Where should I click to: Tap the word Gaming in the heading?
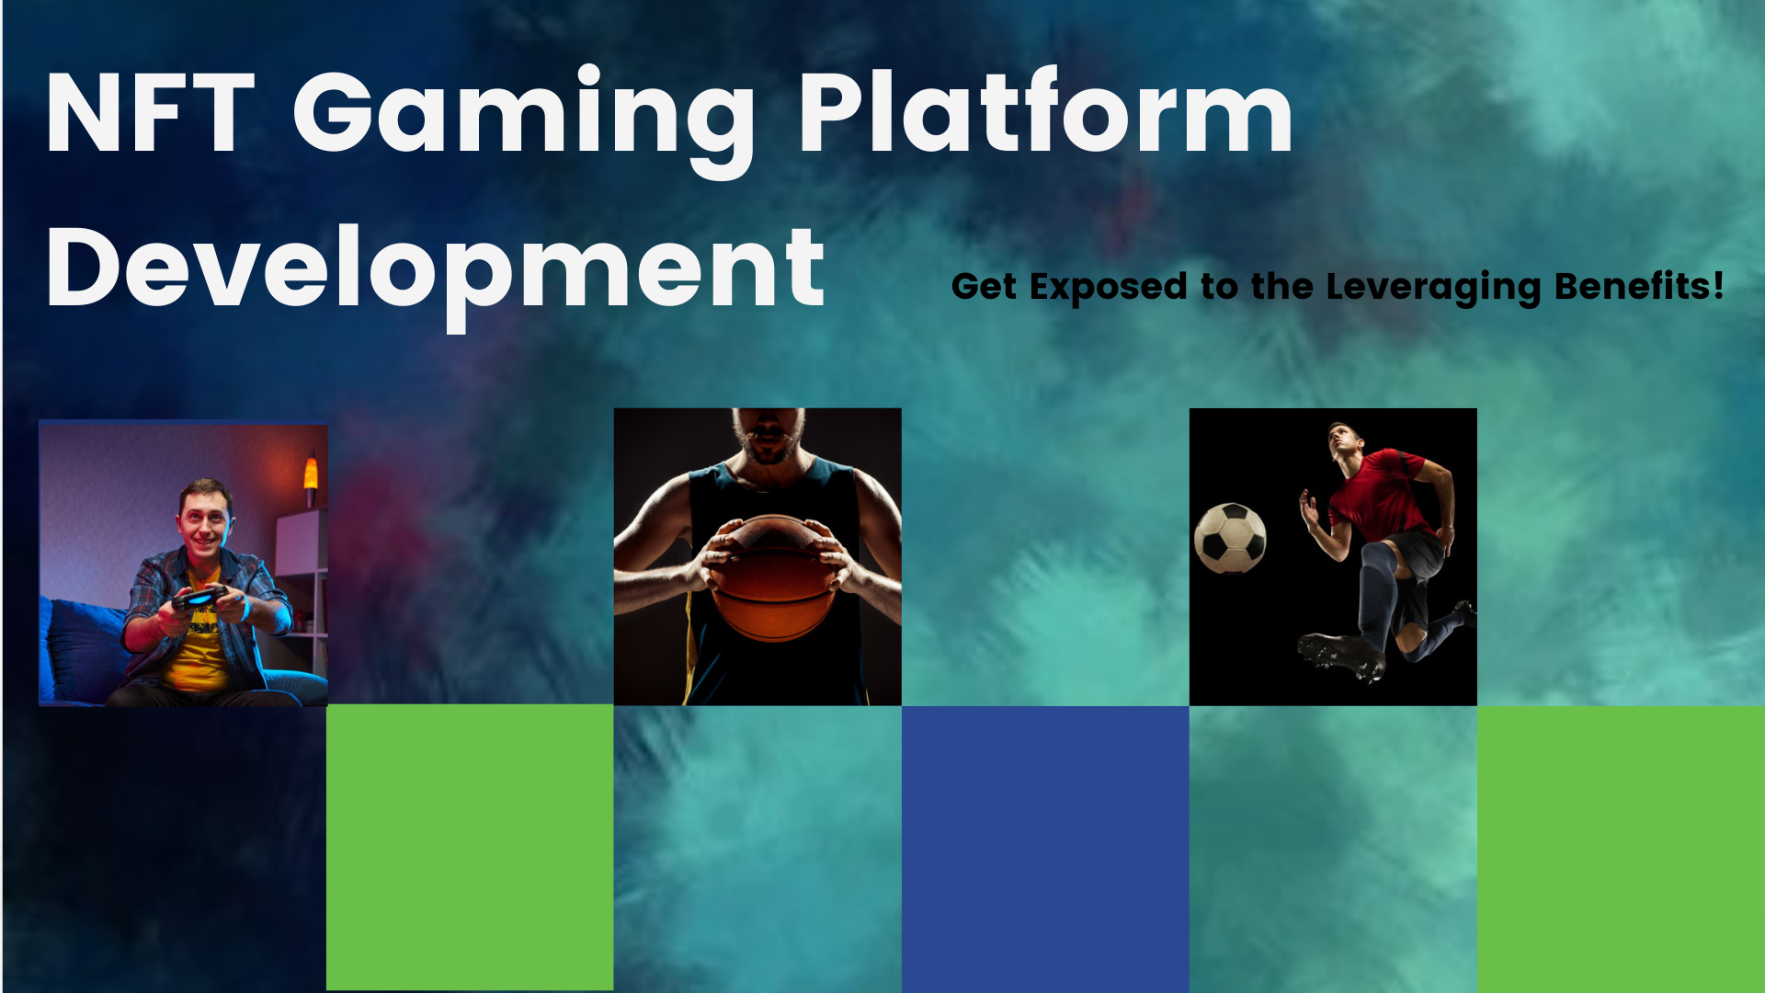[x=523, y=120]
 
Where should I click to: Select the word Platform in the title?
[x=1046, y=111]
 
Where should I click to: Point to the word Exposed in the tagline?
[x=1109, y=288]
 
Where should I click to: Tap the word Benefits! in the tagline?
[x=1638, y=285]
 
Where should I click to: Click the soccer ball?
[x=1230, y=537]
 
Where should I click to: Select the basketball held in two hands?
[x=772, y=576]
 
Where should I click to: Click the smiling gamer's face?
[x=204, y=520]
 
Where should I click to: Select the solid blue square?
[x=1045, y=850]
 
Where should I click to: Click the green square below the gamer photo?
[x=470, y=848]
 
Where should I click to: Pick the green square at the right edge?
[x=1621, y=850]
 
